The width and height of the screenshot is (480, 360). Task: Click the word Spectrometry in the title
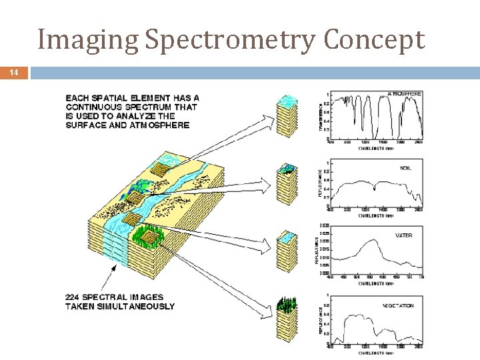(x=230, y=40)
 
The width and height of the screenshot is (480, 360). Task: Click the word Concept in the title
(x=374, y=40)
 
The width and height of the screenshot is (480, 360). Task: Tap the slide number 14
(x=13, y=73)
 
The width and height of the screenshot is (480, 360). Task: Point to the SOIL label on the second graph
(x=405, y=168)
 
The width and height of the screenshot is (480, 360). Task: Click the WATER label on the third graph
(x=403, y=235)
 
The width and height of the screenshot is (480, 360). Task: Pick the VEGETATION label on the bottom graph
(x=399, y=306)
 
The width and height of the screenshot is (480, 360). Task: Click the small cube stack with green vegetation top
(x=287, y=319)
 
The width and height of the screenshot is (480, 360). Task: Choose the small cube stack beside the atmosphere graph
(x=287, y=117)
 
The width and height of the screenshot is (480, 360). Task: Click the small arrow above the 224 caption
(x=115, y=269)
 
